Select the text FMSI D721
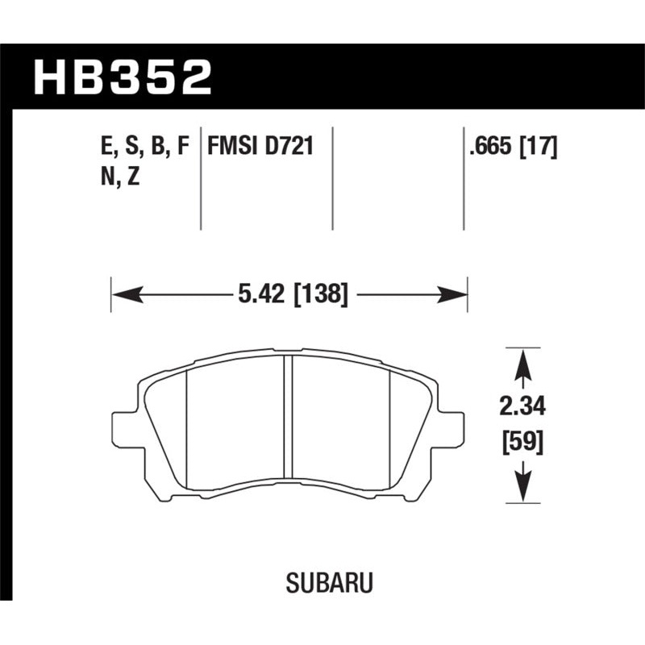click(260, 148)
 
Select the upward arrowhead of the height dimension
click(522, 360)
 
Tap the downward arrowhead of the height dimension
click(522, 489)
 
